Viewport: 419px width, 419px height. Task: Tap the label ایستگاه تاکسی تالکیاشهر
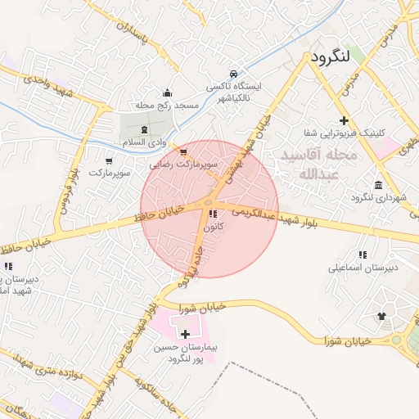click(235, 92)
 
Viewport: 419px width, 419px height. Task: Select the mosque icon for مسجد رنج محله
click(168, 92)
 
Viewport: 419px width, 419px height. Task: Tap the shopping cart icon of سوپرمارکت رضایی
click(183, 151)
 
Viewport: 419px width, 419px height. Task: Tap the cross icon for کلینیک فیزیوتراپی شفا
click(344, 120)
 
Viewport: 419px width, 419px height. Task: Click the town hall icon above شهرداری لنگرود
click(378, 185)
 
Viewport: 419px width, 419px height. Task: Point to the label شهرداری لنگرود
click(373, 198)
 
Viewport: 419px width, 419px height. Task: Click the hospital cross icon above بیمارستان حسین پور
click(186, 334)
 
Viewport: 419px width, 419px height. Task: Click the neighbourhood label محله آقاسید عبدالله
click(318, 164)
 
